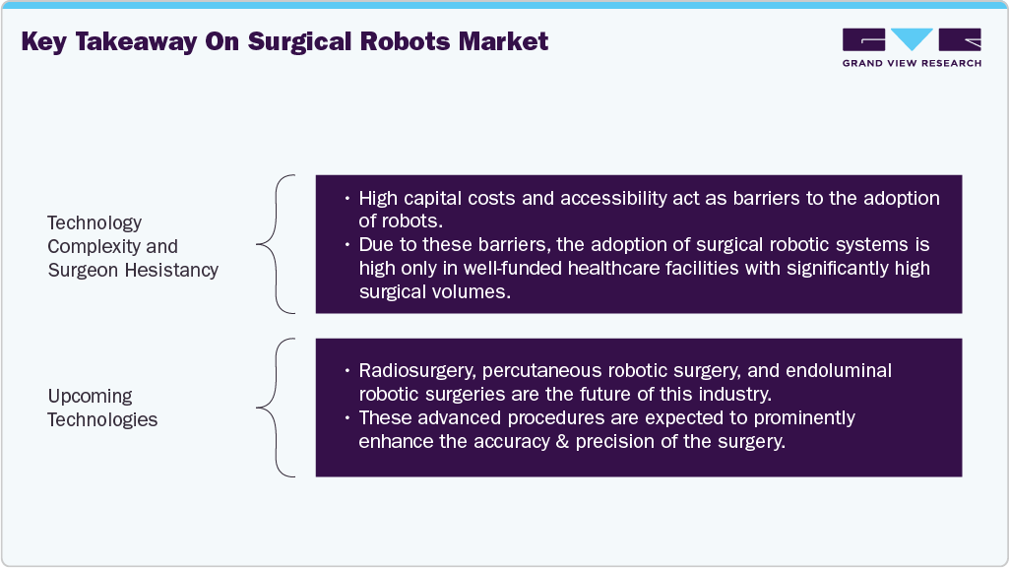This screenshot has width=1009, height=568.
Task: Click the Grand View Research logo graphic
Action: (x=911, y=40)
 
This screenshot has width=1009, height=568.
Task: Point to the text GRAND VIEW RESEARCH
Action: (x=911, y=64)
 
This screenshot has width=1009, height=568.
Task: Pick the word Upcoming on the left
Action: (x=90, y=396)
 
